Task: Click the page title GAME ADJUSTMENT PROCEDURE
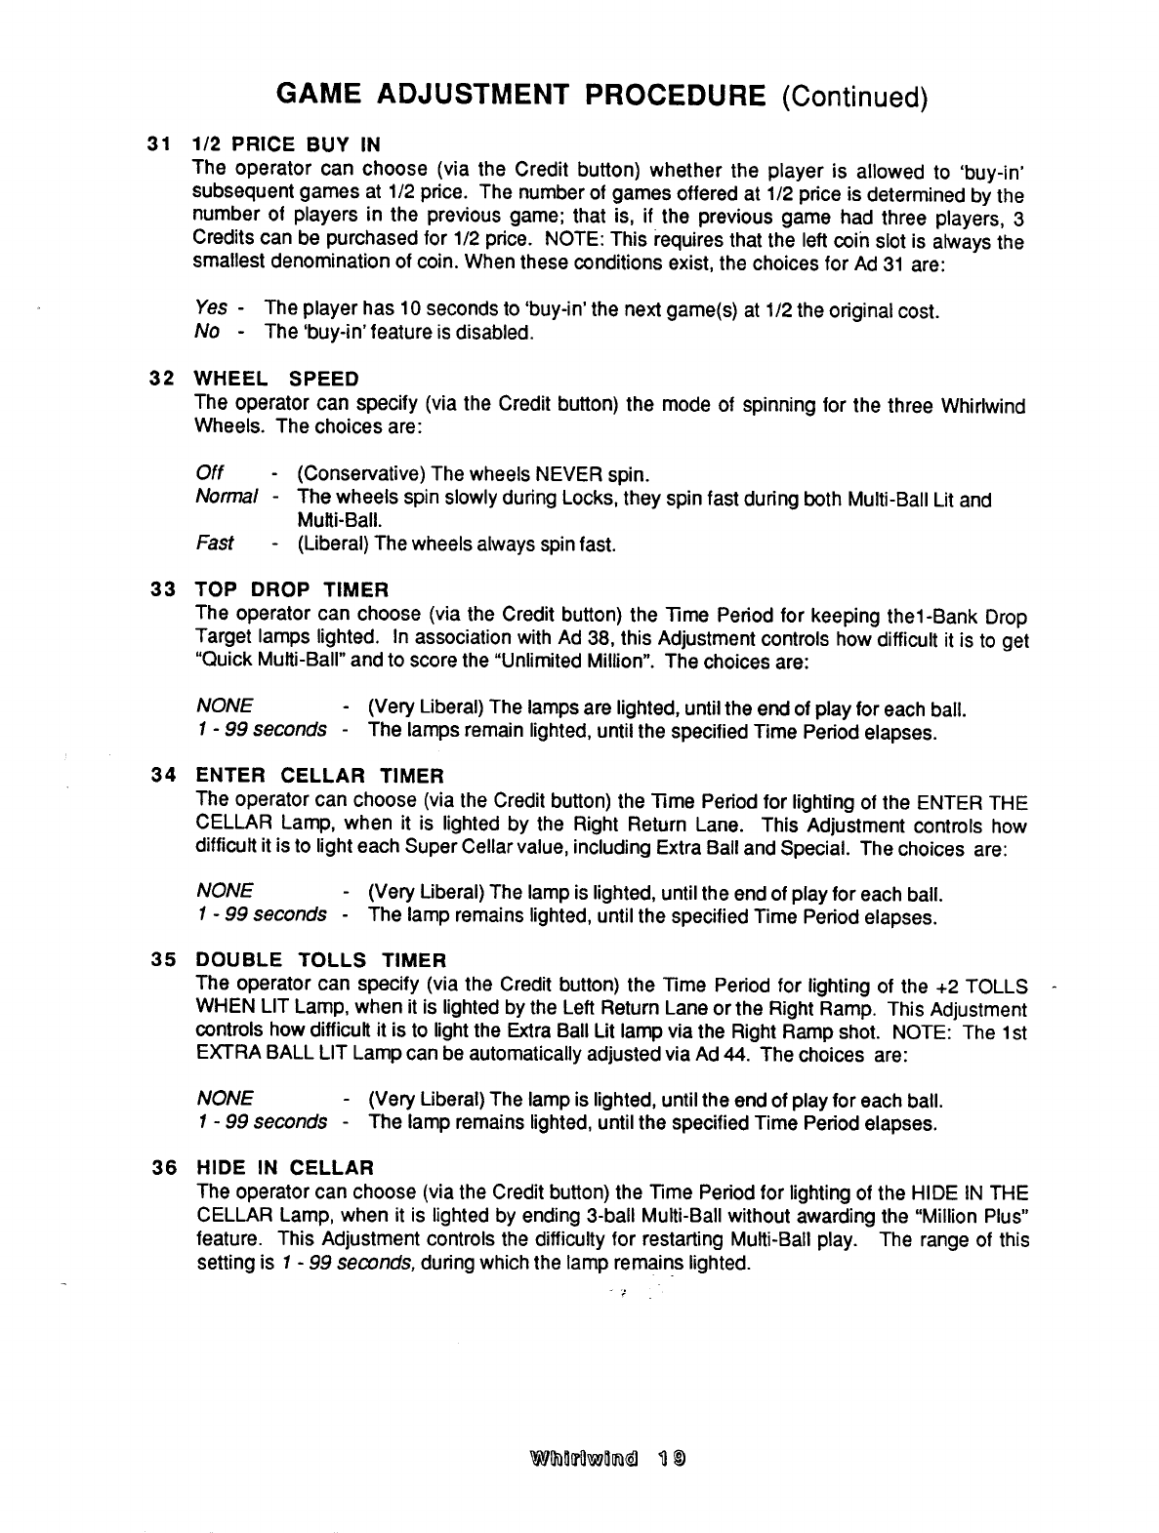pos(520,95)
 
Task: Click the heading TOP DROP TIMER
pos(292,589)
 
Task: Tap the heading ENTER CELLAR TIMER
pos(319,776)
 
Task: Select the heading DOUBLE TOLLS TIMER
pos(321,961)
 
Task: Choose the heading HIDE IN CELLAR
pos(285,1167)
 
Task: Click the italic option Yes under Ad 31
pos(211,310)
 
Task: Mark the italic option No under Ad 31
pos(206,333)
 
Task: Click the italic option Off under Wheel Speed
pos(210,474)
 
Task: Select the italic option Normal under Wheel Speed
pos(227,499)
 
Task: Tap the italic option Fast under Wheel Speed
pos(214,544)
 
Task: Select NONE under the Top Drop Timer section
pos(225,706)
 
